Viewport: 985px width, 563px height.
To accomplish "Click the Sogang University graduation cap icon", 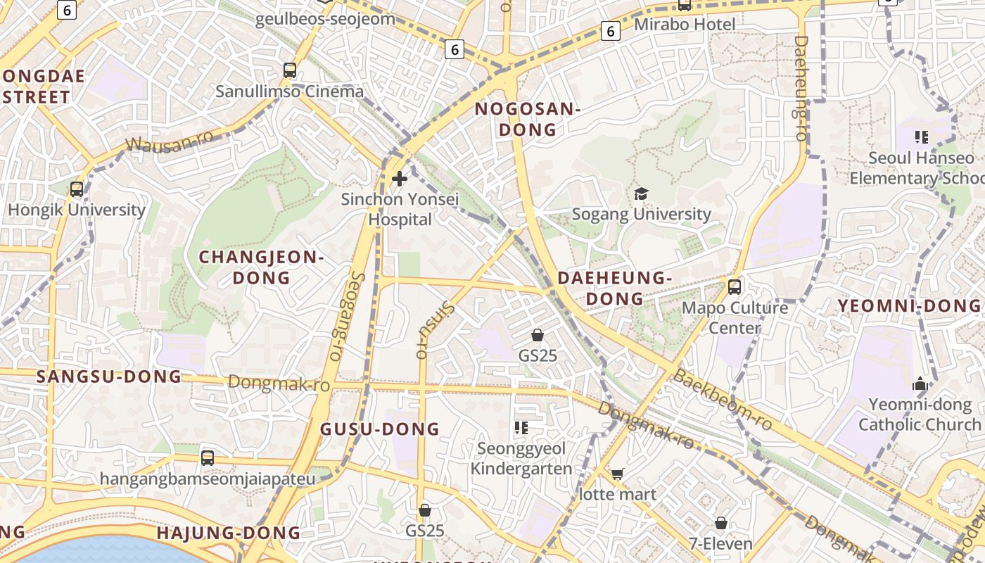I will click(641, 194).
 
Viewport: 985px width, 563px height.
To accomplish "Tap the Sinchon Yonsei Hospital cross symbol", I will click(400, 179).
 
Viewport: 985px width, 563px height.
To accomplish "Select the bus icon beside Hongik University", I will click(77, 189).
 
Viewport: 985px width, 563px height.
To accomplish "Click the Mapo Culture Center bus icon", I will click(735, 287).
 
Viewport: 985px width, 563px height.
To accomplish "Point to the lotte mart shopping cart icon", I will click(617, 474).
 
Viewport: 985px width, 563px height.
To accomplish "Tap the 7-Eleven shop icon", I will click(721, 523).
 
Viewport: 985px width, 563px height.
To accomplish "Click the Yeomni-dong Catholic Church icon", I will click(920, 384).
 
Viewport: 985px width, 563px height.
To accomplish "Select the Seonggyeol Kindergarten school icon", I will click(521, 428).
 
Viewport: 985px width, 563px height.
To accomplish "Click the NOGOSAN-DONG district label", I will click(528, 119).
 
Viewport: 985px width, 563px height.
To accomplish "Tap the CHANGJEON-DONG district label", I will click(261, 267).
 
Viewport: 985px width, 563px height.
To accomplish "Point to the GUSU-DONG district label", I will click(380, 429).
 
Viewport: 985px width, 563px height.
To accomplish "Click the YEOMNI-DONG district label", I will click(909, 305).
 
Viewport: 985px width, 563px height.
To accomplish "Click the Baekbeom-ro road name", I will click(723, 399).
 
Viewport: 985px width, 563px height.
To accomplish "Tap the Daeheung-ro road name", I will click(801, 88).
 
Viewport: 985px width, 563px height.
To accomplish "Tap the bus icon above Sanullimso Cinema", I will click(290, 70).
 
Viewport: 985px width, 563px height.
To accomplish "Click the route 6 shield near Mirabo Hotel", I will click(611, 31).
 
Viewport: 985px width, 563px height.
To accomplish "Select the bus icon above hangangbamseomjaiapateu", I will click(208, 458).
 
